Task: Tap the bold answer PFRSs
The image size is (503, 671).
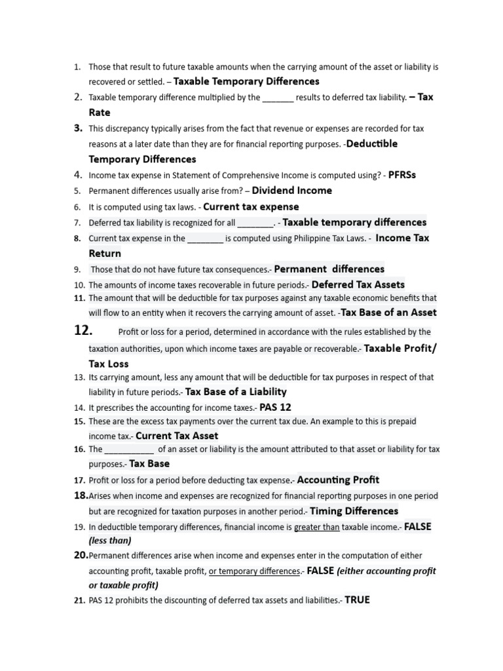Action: (402, 175)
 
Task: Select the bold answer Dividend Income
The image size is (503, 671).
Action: (291, 191)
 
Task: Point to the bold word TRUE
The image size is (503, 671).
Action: (357, 600)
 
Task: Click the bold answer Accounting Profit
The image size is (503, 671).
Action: (338, 480)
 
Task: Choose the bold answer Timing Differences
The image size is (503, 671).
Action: (354, 511)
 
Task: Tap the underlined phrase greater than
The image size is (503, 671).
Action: (317, 527)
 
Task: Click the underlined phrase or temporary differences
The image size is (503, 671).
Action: (253, 571)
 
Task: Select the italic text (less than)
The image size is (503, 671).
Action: (110, 541)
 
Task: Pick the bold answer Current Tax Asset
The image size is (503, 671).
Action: (177, 436)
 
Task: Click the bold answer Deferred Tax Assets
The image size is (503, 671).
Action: (358, 284)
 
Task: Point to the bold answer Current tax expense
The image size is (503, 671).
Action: (251, 206)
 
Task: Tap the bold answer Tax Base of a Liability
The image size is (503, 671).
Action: (236, 392)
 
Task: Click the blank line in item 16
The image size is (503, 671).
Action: (129, 450)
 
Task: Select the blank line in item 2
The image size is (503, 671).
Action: (278, 98)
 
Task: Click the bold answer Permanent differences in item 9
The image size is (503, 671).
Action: (329, 269)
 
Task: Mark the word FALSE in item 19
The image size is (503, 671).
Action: (418, 527)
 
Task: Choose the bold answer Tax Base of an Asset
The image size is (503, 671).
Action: (389, 313)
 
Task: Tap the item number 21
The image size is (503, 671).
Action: (79, 600)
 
